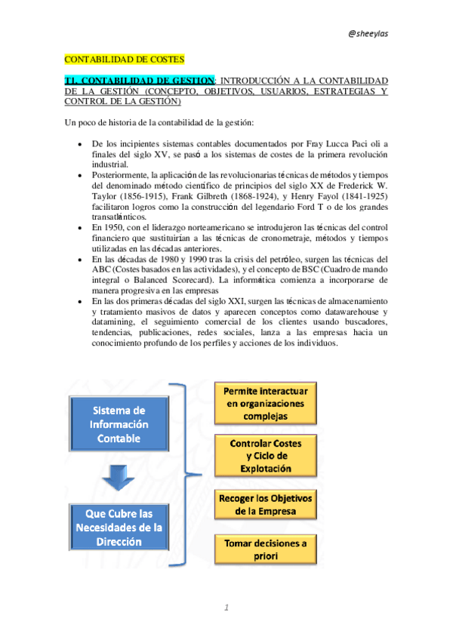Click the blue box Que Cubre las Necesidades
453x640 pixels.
pos(120,526)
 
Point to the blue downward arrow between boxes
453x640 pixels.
pos(120,475)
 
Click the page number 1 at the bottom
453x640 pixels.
pos(225,608)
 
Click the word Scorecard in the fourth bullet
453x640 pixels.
pos(199,278)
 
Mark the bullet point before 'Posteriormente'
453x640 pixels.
pos(80,174)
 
